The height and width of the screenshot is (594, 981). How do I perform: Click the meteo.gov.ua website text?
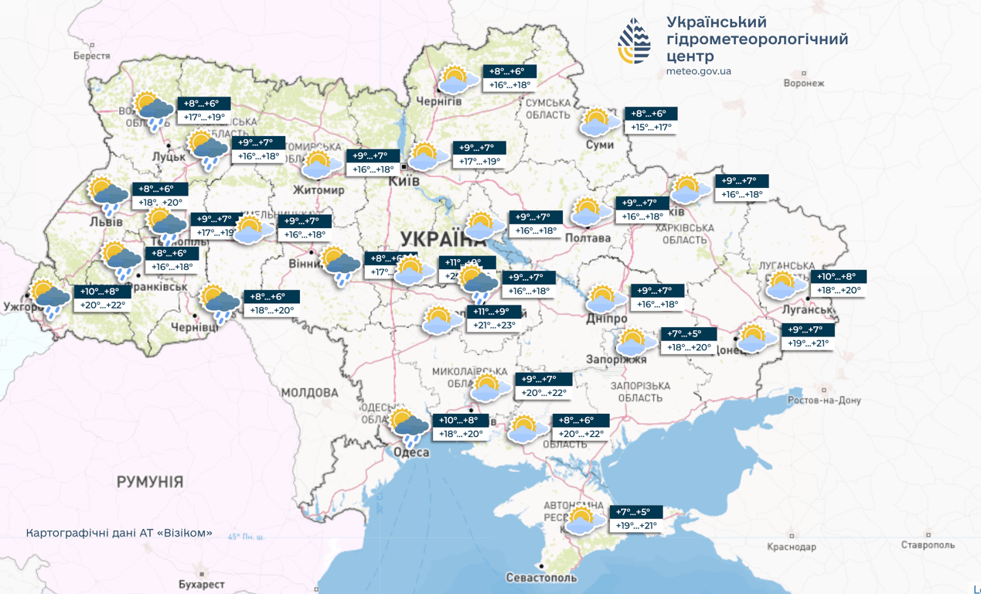tap(698, 71)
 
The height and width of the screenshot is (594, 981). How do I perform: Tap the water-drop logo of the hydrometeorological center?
tap(634, 41)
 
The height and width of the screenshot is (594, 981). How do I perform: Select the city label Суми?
tap(599, 145)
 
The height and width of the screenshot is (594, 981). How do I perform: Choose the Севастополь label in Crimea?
tap(541, 578)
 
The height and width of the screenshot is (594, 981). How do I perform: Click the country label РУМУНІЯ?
tap(150, 482)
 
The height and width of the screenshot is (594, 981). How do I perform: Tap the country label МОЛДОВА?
tap(309, 393)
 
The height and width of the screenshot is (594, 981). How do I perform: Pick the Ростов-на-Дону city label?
tap(824, 401)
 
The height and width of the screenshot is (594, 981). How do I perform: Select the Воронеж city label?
tap(804, 83)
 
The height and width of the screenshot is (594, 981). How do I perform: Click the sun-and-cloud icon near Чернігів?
tap(457, 80)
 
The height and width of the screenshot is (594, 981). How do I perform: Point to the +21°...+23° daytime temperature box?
tap(495, 326)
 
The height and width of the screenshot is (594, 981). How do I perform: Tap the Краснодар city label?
tap(791, 547)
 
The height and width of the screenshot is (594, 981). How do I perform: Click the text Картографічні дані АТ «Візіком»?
tap(119, 534)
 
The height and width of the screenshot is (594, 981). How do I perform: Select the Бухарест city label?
tap(200, 585)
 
